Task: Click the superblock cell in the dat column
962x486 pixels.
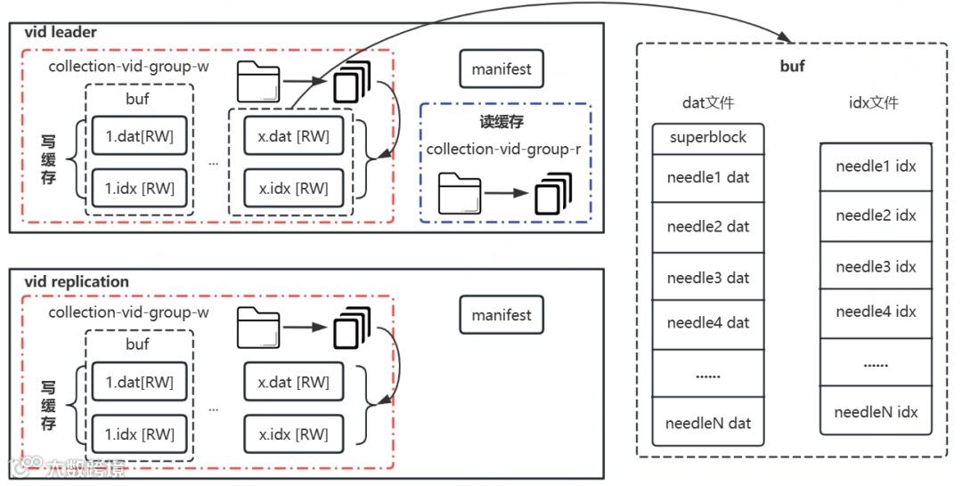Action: coord(708,138)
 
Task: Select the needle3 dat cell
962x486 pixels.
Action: coord(708,278)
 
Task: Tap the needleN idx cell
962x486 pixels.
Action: coord(876,411)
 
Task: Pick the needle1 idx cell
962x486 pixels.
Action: coord(876,166)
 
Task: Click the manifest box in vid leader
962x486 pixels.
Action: coord(501,69)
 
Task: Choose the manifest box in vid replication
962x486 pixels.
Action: coord(501,315)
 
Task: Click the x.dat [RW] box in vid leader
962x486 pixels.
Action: coord(293,137)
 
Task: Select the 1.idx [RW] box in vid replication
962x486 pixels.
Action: coord(140,434)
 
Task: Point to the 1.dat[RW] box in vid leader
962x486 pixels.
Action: coord(140,137)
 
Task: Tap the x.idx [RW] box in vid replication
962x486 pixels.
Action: coord(293,434)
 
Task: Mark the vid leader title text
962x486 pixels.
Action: coord(61,33)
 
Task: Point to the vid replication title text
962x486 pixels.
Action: coord(77,281)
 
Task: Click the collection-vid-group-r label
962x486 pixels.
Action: coord(503,149)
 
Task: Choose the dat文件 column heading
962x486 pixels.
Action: coord(707,102)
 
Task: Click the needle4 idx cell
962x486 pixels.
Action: coord(876,312)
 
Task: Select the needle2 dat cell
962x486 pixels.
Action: coord(708,227)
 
